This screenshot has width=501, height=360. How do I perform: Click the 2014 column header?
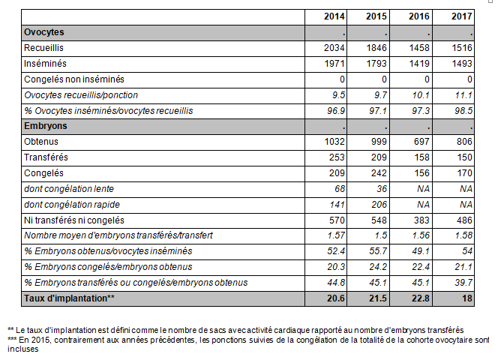coord(334,16)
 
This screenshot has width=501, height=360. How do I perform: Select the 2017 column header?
coord(462,16)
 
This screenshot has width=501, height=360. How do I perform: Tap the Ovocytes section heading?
coord(44,32)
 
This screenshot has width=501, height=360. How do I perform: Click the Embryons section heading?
coord(46,126)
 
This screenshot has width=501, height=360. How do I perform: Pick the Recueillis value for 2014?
coord(334,48)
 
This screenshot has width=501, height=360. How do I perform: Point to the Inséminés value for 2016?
coord(419,64)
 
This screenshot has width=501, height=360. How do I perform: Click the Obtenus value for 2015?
coord(379,142)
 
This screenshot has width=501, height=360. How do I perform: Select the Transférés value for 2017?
coord(464,157)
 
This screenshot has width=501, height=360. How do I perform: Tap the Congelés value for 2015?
coord(379,172)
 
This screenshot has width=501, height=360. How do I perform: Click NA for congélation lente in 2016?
coord(423,189)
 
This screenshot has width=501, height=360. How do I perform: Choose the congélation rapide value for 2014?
coord(337,205)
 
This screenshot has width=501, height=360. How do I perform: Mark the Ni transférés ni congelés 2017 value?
coord(464,220)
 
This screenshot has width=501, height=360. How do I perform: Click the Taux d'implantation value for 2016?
coord(420,298)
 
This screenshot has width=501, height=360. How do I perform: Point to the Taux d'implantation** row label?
coord(69,298)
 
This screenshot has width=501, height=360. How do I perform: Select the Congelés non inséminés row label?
coord(74,79)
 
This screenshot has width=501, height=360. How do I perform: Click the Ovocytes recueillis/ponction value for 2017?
coord(463,94)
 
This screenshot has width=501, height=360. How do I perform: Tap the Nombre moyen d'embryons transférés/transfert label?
coord(118,235)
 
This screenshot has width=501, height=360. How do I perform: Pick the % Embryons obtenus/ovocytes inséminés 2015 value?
coord(378,251)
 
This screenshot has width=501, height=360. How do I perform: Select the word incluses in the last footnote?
coord(23,349)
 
